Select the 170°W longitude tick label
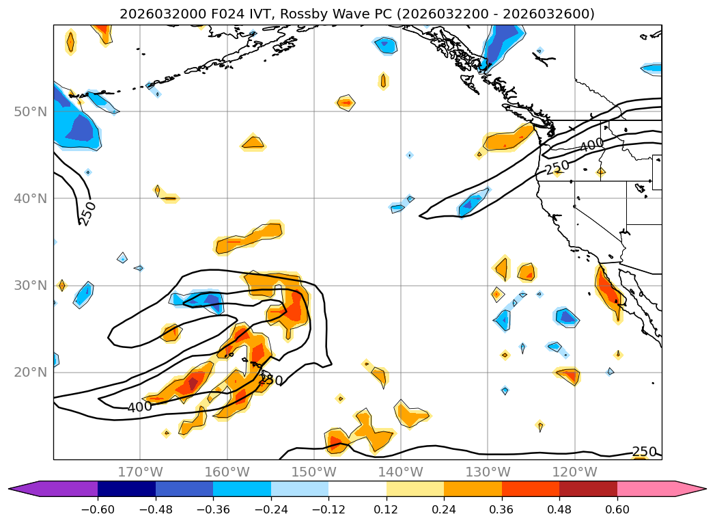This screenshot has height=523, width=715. click(140, 472)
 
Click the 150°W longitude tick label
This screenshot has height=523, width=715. click(313, 472)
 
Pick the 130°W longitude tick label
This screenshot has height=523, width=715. click(488, 472)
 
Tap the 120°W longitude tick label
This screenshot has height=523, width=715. click(574, 472)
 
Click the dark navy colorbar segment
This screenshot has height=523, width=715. click(126, 488)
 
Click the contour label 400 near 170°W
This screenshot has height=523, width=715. click(139, 407)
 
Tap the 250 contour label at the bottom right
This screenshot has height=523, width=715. click(644, 452)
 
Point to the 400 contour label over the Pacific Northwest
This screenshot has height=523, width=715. click(591, 145)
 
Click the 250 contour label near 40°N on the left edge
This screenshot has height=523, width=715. click(89, 213)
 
